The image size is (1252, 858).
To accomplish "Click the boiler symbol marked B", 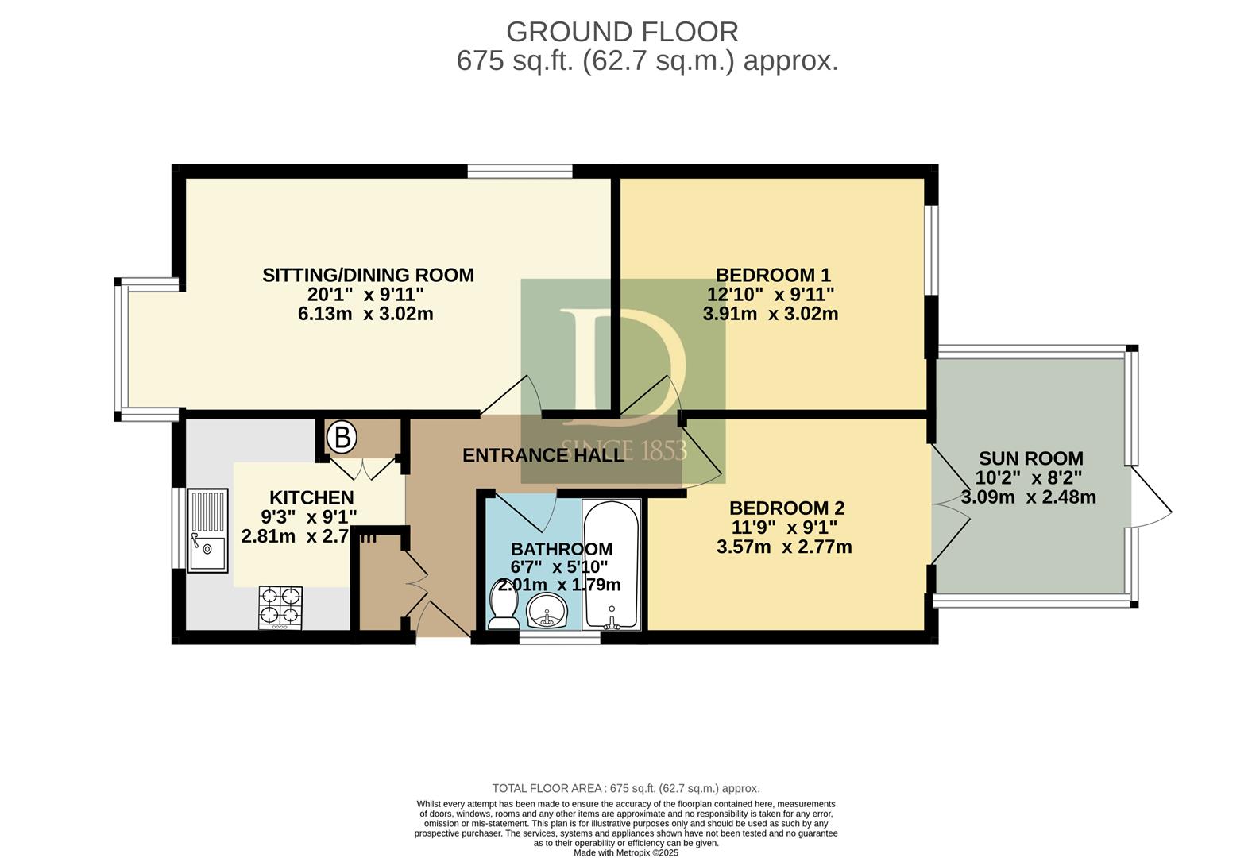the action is tap(342, 437).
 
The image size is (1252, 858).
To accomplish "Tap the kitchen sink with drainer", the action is tap(208, 531).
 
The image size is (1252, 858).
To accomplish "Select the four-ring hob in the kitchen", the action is tap(280, 607).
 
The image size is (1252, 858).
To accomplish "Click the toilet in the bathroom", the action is tap(503, 605).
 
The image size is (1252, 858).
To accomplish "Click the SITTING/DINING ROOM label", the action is tap(369, 275).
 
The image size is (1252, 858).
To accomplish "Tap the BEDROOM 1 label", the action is tap(773, 275).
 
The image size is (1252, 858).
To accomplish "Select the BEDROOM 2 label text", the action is tap(787, 508).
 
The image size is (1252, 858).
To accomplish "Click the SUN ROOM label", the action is tap(1031, 458).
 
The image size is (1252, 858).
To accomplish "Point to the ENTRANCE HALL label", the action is tap(543, 455).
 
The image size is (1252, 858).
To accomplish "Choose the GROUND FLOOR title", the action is tap(622, 33).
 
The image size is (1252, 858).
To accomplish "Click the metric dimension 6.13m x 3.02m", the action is tap(365, 314).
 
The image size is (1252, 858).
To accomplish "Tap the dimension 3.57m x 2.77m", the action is tap(784, 547).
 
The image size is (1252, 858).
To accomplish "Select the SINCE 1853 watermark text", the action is tap(623, 450).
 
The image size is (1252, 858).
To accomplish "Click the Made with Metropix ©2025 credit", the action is tap(626, 853).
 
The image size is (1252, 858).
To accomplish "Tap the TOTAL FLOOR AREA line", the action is tap(626, 789).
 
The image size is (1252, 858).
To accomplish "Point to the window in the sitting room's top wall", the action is tap(520, 171).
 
